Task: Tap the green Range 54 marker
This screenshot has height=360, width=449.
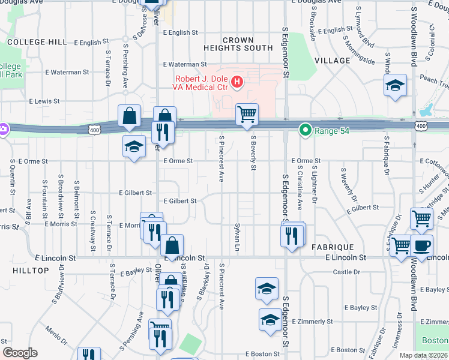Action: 305,129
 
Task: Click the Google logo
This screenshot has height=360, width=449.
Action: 20,353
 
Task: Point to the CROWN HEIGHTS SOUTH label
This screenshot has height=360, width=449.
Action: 238,44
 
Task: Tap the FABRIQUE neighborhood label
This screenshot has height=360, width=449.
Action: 333,247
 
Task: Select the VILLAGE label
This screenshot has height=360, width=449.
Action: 331,61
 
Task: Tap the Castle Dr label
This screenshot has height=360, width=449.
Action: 346,272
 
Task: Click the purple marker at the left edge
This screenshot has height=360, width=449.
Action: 3,128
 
